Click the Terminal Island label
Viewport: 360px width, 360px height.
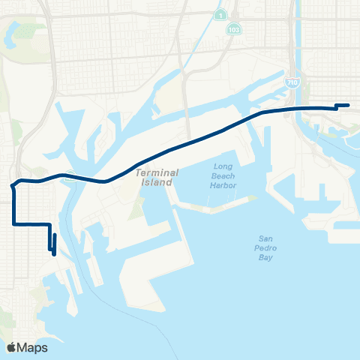[x=156, y=177]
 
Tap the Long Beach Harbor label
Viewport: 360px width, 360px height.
[x=223, y=175]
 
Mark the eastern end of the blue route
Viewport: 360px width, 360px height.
[x=349, y=105]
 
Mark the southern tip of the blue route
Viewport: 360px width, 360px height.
[x=55, y=253]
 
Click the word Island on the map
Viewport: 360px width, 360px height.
[x=156, y=182]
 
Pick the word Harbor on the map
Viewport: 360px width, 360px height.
[x=223, y=185]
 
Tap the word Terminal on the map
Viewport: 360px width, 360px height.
[x=156, y=172]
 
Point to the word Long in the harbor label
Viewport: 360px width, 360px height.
[x=223, y=166]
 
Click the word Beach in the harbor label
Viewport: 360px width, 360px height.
[x=223, y=175]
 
